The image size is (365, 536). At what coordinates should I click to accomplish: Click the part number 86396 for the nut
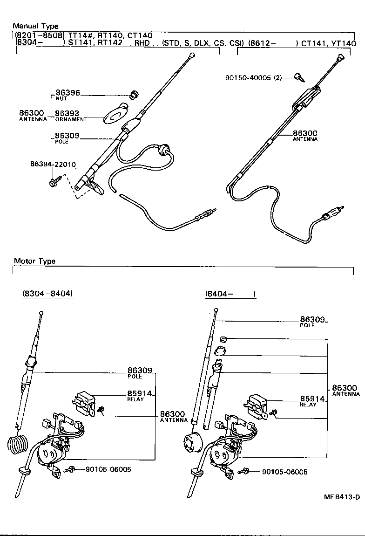click(68, 94)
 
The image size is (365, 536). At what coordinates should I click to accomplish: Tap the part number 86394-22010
click(53, 165)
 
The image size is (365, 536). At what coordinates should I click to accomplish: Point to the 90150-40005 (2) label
click(259, 77)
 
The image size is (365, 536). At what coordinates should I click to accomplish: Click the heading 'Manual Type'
click(35, 26)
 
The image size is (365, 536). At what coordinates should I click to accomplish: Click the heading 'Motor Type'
click(34, 261)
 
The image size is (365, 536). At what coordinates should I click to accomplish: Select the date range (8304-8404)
click(47, 294)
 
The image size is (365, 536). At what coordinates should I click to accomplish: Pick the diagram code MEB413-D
click(342, 497)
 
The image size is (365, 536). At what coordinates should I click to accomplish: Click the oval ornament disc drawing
click(114, 115)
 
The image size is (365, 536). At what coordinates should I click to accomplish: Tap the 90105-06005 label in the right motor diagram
click(284, 472)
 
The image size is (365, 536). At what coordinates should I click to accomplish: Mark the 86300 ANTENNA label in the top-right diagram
click(305, 135)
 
